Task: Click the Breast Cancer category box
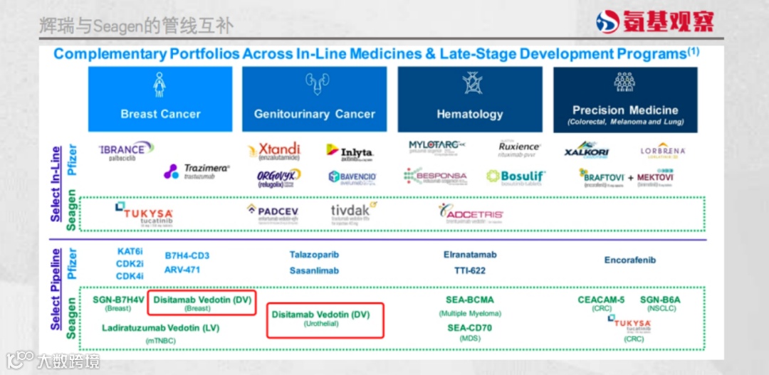coord(160,100)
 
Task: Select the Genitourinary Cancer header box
coord(314,100)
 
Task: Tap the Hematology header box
coord(469,100)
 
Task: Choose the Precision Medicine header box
coord(624,100)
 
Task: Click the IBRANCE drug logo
coord(126,150)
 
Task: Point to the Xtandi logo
coord(274,151)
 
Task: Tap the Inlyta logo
coord(350,152)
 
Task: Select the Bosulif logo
coord(516,176)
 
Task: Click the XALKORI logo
coord(587,152)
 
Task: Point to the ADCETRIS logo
coord(471,213)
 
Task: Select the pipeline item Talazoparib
coord(314,255)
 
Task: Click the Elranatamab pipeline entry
coord(470,255)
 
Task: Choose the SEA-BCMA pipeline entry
coord(470,300)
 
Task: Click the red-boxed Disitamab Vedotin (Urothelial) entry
coord(325,319)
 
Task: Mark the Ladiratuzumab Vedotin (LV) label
coord(161,328)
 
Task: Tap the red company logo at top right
coord(654,21)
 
